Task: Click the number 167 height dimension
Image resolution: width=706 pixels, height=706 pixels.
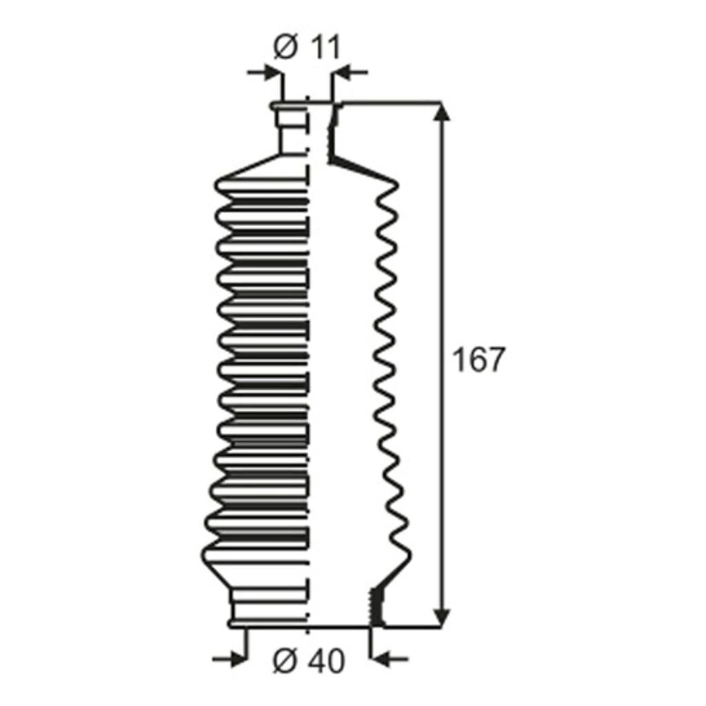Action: pos(478,359)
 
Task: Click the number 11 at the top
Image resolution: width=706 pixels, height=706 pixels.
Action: pos(324,47)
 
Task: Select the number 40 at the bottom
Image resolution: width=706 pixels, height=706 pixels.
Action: pos(327,661)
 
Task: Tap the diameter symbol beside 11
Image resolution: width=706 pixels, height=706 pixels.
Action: pos(286,47)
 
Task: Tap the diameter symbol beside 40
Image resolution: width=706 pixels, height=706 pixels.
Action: pos(286,661)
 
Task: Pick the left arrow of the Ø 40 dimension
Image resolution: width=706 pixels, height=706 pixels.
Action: pos(230,660)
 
